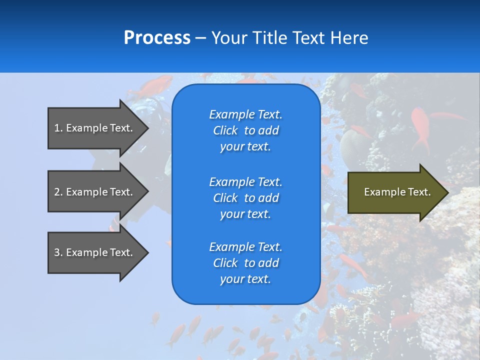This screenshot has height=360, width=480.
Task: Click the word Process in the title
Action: pos(157,37)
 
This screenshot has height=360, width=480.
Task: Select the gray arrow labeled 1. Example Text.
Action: pos(98,128)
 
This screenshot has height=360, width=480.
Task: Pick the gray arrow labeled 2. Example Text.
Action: pos(98,192)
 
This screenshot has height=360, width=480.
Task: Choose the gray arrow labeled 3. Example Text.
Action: pos(98,252)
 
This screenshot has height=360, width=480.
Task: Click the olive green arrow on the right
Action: pos(398,192)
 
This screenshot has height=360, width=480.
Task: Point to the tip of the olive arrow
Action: pos(448,192)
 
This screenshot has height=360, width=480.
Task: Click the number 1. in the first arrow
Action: pos(58,128)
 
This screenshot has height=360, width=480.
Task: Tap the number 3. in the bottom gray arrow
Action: pos(58,252)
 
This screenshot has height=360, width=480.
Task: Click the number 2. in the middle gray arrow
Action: pos(58,192)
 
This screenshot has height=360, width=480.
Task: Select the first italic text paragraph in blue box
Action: pos(246,130)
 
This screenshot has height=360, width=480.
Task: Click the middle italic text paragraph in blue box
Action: pos(246,198)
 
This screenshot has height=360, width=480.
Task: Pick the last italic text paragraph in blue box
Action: pos(246,262)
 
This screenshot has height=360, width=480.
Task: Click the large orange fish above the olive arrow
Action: pos(421,128)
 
